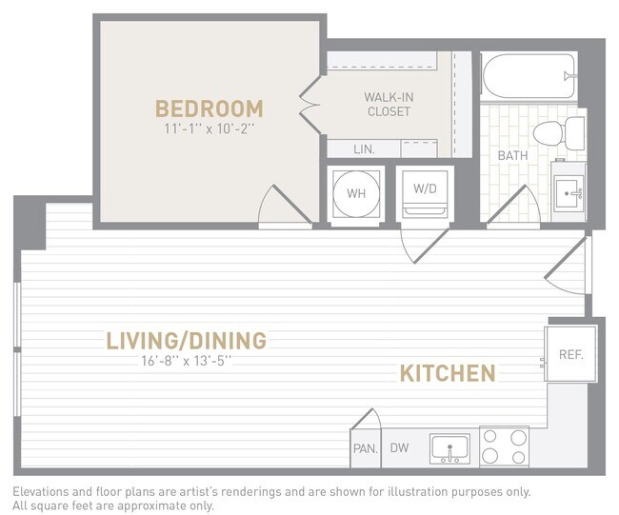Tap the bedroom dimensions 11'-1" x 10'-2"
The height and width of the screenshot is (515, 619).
210,128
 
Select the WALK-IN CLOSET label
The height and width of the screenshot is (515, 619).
388,104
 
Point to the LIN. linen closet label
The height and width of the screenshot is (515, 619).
364,149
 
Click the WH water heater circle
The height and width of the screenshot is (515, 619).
356,193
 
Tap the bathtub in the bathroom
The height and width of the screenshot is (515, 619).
529,75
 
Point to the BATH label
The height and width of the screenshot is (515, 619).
512,155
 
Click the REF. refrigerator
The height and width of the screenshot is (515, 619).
570,354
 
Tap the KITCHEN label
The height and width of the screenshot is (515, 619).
447,372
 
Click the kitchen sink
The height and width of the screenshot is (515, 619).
449,447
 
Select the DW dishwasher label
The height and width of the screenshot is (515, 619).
399,447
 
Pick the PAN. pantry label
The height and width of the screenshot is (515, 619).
365,447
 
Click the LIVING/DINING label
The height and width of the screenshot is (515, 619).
186,340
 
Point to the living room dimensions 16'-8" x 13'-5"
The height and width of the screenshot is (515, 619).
186,360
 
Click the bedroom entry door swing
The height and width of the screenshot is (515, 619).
283,207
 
